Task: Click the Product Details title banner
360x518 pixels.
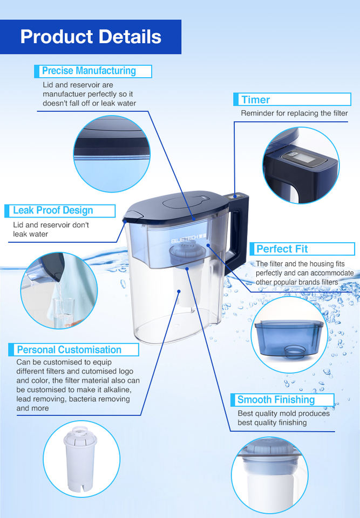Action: (x=91, y=37)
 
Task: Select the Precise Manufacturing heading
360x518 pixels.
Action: (x=89, y=71)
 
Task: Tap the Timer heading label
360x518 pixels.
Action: (x=255, y=99)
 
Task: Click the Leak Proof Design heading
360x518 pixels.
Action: (x=53, y=210)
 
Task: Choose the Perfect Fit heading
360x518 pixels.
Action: (x=282, y=249)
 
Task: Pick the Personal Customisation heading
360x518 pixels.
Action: (x=69, y=350)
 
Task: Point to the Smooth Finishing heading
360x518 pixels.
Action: (x=276, y=400)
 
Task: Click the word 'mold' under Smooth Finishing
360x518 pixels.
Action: (x=288, y=414)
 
